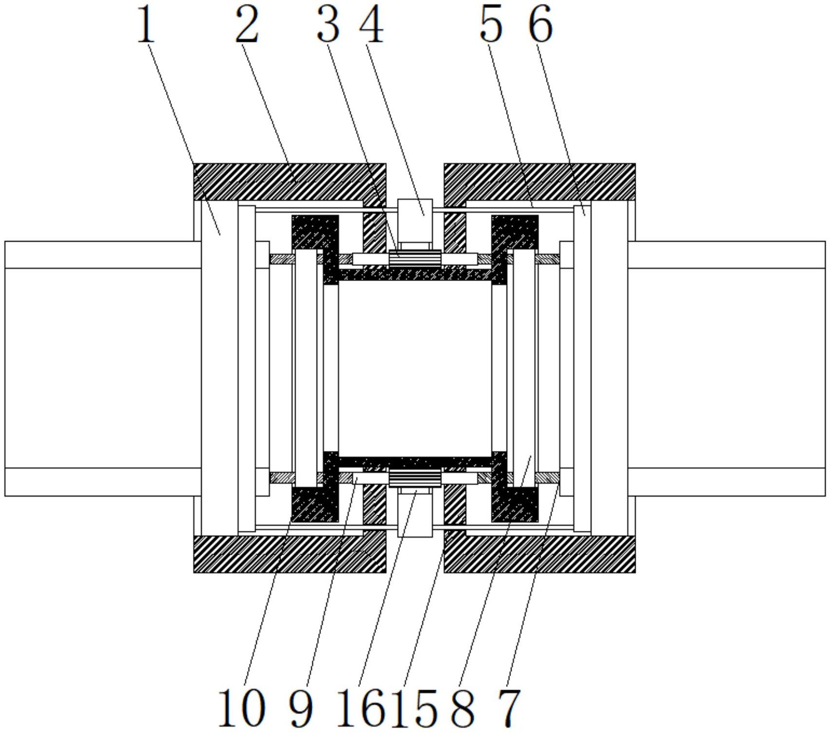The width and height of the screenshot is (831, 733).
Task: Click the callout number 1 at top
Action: tap(146, 24)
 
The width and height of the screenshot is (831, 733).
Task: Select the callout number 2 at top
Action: tap(246, 24)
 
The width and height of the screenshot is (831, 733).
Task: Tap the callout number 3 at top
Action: tap(328, 24)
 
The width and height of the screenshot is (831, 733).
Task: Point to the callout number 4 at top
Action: tap(372, 24)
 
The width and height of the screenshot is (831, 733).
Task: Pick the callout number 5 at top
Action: tap(491, 24)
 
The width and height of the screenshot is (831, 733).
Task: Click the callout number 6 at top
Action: tap(541, 24)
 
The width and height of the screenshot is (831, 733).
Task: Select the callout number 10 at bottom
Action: tap(242, 708)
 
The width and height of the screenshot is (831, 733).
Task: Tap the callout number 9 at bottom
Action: tap(301, 708)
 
